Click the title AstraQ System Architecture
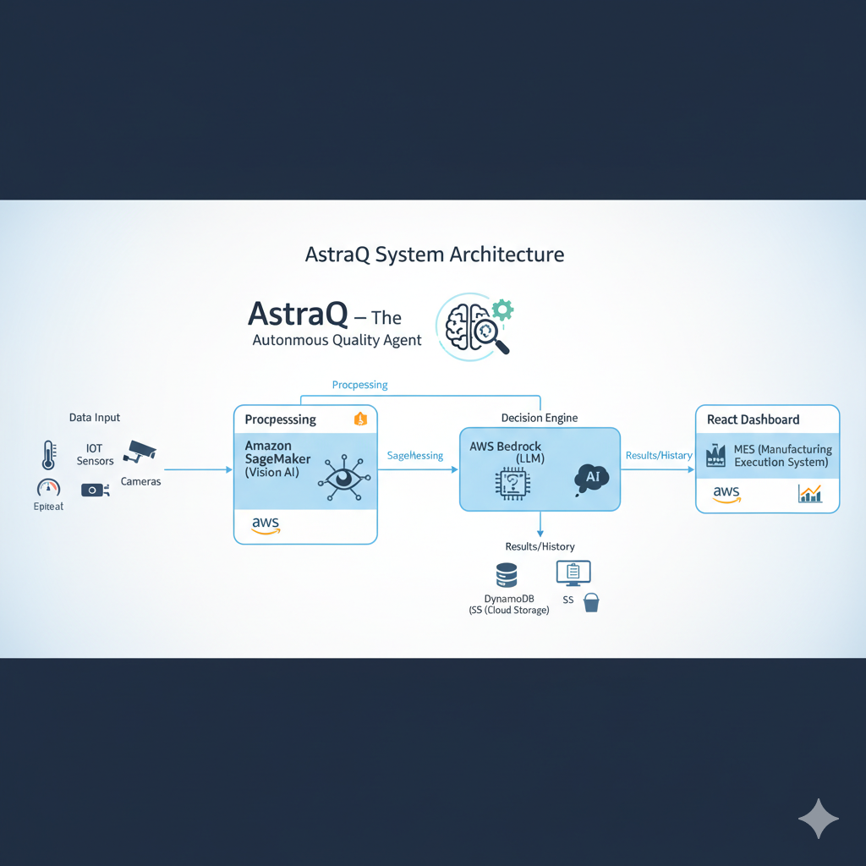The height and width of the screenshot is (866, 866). click(x=434, y=255)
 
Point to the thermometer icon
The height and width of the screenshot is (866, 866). click(x=47, y=453)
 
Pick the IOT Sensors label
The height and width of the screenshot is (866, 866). click(x=95, y=454)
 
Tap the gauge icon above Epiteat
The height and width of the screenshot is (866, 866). click(x=48, y=488)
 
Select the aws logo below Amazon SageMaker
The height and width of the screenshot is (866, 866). click(x=266, y=525)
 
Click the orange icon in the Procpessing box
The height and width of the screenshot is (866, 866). click(x=359, y=419)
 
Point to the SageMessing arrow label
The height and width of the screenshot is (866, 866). click(x=414, y=456)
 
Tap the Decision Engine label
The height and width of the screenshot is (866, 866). click(x=540, y=418)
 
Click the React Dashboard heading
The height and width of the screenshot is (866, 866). click(x=753, y=419)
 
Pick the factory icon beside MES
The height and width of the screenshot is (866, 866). click(x=716, y=456)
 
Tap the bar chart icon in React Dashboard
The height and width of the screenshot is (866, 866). click(x=809, y=493)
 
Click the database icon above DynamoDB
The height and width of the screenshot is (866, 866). click(x=507, y=575)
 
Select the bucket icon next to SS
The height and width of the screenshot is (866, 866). click(x=591, y=602)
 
